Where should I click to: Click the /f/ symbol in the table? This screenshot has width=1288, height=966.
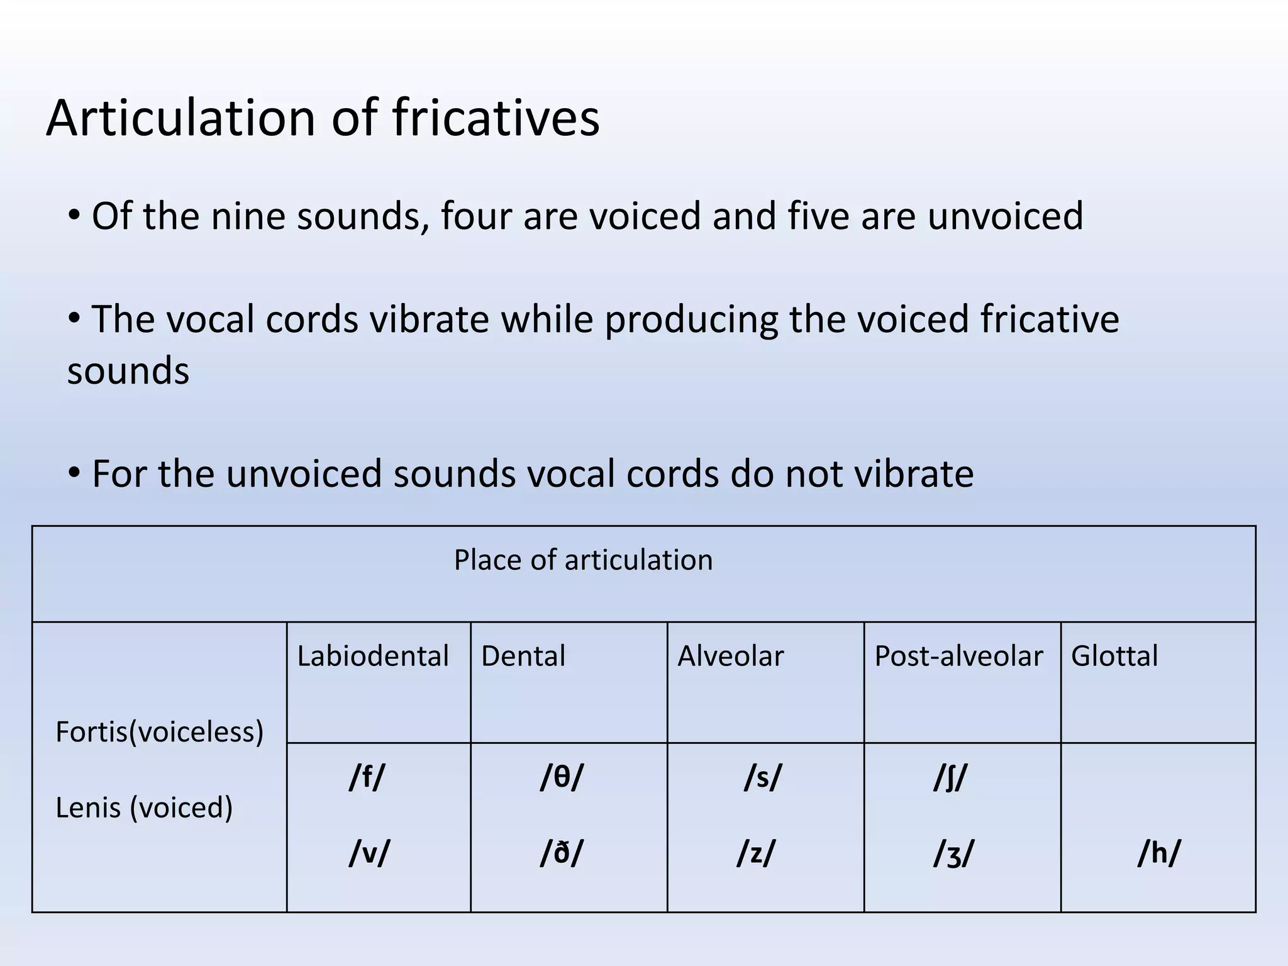tap(367, 777)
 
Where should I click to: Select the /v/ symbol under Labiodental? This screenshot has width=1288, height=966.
tap(369, 853)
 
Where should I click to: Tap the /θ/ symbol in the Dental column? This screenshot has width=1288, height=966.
tap(562, 777)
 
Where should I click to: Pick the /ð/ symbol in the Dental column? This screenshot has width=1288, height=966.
tap(562, 853)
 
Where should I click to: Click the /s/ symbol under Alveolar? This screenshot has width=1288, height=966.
tap(762, 777)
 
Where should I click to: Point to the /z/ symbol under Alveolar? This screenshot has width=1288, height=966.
tap(756, 853)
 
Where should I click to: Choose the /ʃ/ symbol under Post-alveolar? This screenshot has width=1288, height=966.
tap(950, 777)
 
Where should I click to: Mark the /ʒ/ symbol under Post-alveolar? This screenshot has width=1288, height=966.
tap(953, 854)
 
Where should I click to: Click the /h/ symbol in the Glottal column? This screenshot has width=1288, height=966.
tap(1159, 853)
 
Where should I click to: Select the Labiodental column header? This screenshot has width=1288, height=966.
tap(373, 656)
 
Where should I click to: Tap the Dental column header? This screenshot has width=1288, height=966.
tap(523, 656)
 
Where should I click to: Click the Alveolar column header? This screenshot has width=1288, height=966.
tap(730, 656)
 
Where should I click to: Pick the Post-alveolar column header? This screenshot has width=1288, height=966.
tap(958, 656)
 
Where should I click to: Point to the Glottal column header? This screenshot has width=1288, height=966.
tap(1114, 656)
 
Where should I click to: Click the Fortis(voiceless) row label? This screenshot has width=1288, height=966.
tap(160, 732)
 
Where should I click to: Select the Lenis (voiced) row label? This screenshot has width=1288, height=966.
tap(144, 808)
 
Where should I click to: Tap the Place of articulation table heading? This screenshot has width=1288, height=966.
tap(583, 560)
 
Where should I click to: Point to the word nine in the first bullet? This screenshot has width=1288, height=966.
tap(246, 216)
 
